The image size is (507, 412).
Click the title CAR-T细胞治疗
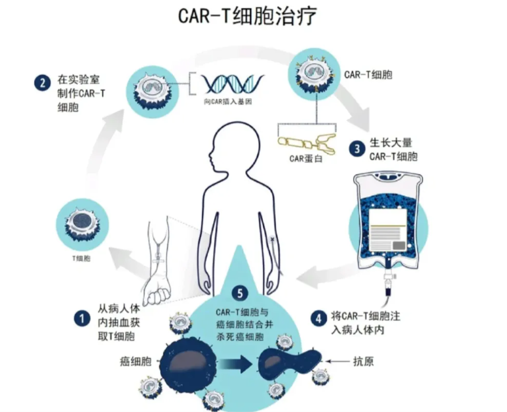coord(247,16)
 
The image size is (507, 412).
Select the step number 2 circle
coord(42,83)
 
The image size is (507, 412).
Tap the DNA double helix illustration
coord(232,84)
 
